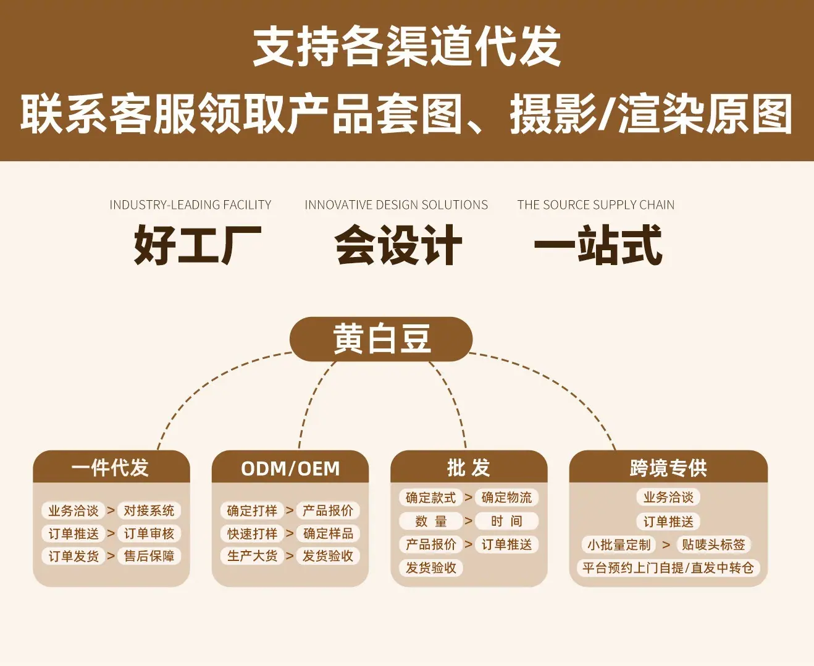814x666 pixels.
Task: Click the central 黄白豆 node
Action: [x=381, y=339]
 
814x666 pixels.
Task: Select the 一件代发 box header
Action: [x=111, y=468]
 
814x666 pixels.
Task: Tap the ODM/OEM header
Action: [x=290, y=468]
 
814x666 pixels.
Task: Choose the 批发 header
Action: [x=469, y=468]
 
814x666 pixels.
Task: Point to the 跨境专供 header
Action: [x=668, y=468]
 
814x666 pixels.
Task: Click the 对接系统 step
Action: [x=149, y=510]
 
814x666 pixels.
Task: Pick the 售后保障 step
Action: [x=149, y=556]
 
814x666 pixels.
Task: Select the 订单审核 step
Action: [x=149, y=533]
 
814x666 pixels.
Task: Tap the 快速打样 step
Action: [x=252, y=533]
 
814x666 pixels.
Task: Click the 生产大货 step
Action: [x=252, y=556]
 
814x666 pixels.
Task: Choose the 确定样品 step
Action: [x=328, y=533]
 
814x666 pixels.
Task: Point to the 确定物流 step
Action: [x=506, y=497]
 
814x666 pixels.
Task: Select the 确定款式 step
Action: [x=430, y=497]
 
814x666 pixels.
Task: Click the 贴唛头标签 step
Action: [x=713, y=545]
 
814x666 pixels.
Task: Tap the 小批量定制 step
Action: [x=619, y=545]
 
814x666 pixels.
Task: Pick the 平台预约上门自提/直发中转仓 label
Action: [x=668, y=568]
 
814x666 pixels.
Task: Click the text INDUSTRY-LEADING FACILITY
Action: [x=190, y=204]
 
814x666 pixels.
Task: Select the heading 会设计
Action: [x=398, y=245]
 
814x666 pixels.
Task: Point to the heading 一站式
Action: [x=598, y=245]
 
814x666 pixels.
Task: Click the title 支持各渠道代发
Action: [x=407, y=47]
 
